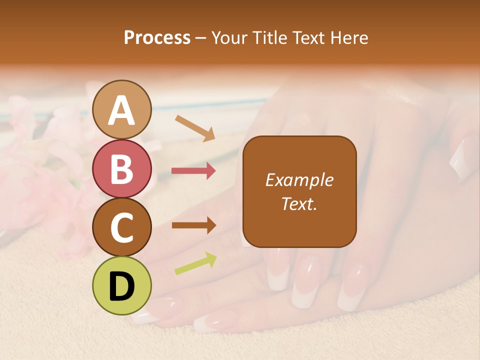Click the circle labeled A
[x=122, y=110]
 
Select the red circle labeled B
[x=122, y=168]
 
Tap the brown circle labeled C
[x=122, y=227]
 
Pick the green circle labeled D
[x=122, y=285]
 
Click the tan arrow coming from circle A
[x=194, y=128]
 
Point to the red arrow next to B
[x=193, y=171]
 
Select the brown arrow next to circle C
[x=193, y=225]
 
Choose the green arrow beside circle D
[x=195, y=263]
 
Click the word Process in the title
[x=157, y=37]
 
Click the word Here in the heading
[x=349, y=37]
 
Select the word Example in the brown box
[x=299, y=180]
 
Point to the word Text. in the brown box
[x=299, y=203]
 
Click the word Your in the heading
[x=229, y=37]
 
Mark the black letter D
[x=122, y=286]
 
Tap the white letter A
[x=122, y=110]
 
